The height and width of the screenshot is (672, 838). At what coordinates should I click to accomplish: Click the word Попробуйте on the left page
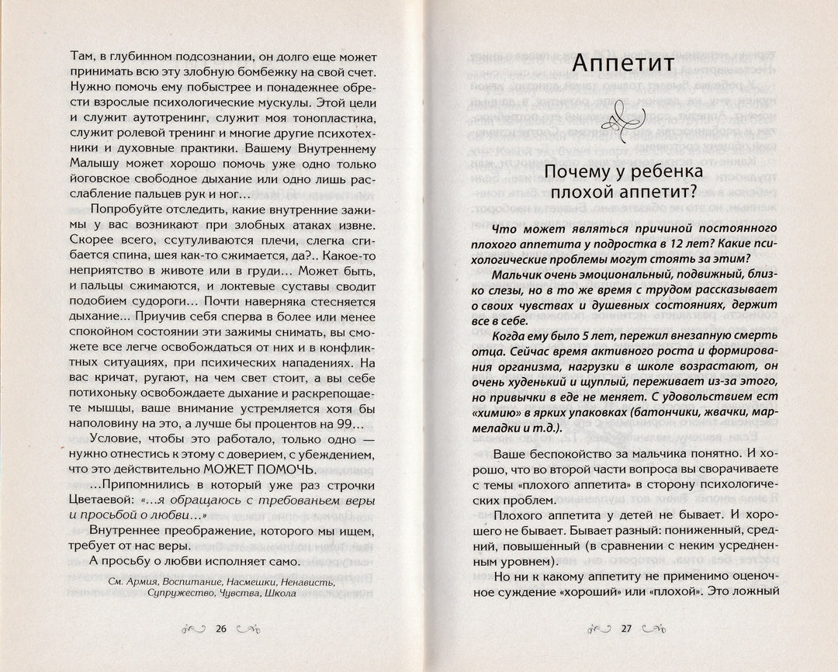coord(127,210)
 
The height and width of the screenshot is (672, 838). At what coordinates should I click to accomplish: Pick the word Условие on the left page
coord(115,437)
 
